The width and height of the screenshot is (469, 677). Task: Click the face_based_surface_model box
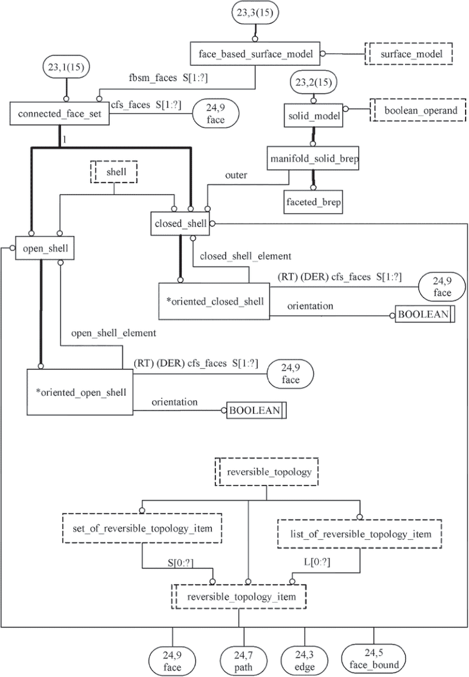(x=255, y=54)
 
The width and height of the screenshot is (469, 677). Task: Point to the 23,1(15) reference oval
(x=59, y=69)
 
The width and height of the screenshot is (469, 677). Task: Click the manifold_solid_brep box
(x=313, y=159)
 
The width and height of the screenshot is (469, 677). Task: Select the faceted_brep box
(x=313, y=202)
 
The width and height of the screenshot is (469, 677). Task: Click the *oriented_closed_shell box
(x=214, y=301)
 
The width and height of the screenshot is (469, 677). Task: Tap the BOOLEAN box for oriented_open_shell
(x=255, y=411)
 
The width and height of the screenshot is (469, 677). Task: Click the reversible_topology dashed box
(x=266, y=472)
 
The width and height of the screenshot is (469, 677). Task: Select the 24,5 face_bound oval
(x=375, y=659)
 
